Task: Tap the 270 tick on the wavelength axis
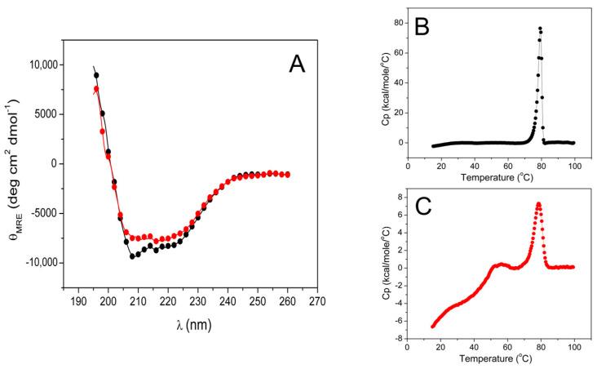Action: [317, 301]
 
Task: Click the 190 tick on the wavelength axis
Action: [79, 301]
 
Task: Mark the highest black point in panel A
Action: [96, 75]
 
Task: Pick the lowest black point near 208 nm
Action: [132, 256]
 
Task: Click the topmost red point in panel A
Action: [96, 89]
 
